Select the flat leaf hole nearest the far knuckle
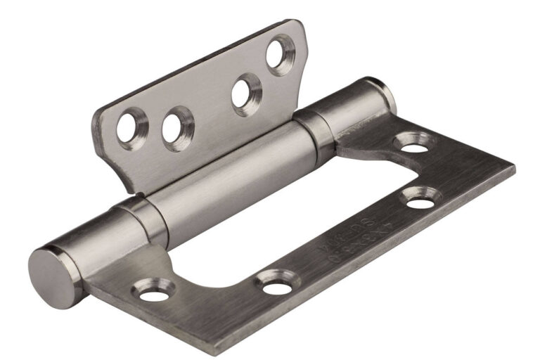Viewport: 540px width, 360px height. tap(414, 146)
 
